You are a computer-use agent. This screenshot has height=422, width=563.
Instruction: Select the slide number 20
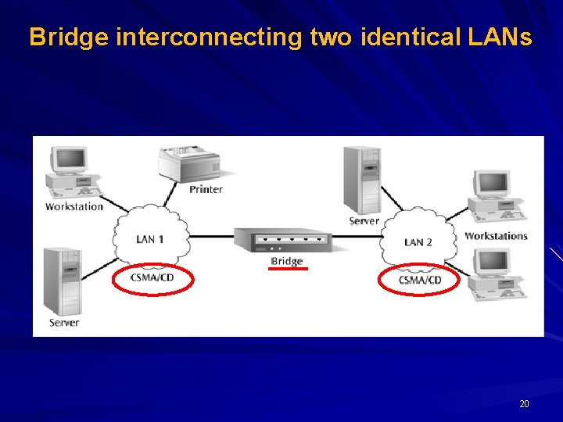pos(524,404)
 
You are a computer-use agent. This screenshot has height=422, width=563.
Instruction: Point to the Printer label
pos(206,189)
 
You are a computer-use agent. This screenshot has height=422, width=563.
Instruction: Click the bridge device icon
pos(286,239)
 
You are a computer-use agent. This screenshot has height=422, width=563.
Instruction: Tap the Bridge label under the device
pos(286,261)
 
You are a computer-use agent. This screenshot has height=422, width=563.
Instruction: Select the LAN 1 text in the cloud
pos(150,239)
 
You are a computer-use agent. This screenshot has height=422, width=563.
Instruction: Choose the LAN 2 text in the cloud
pos(418,242)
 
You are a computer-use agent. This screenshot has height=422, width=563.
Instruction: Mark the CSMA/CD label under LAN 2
pos(420,280)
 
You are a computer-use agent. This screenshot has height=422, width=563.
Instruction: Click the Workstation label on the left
pos(74,206)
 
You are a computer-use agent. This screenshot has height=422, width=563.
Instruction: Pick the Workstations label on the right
pos(496,236)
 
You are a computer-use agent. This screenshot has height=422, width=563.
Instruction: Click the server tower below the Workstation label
pos(63,281)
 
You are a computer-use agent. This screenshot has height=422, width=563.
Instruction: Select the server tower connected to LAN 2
pos(364,180)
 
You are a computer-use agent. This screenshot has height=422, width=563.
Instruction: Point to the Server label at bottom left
pos(64,322)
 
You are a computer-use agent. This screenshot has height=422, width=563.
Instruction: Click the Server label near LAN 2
pos(364,221)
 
